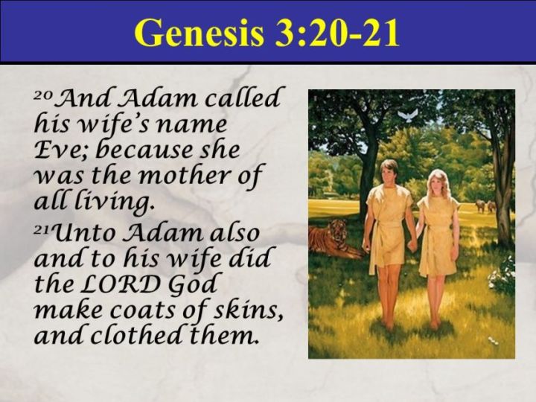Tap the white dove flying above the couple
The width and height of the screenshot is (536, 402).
[408, 115]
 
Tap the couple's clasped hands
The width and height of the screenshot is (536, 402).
[412, 244]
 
